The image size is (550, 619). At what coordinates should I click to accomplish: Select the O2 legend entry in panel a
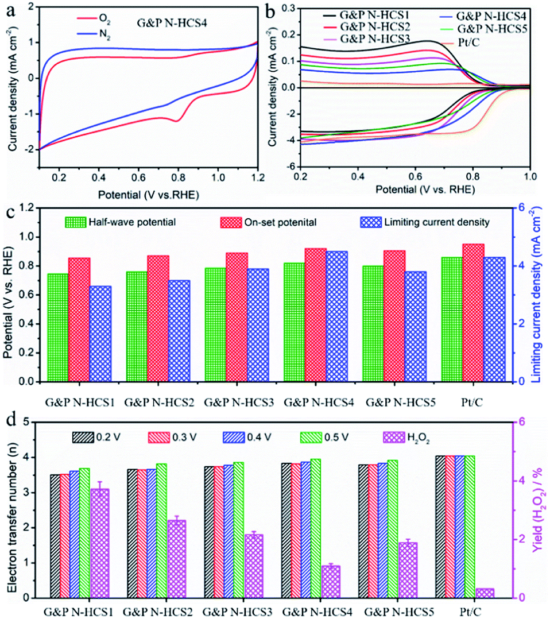coord(108,20)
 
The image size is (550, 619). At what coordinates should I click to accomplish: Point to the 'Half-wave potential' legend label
coord(121,222)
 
